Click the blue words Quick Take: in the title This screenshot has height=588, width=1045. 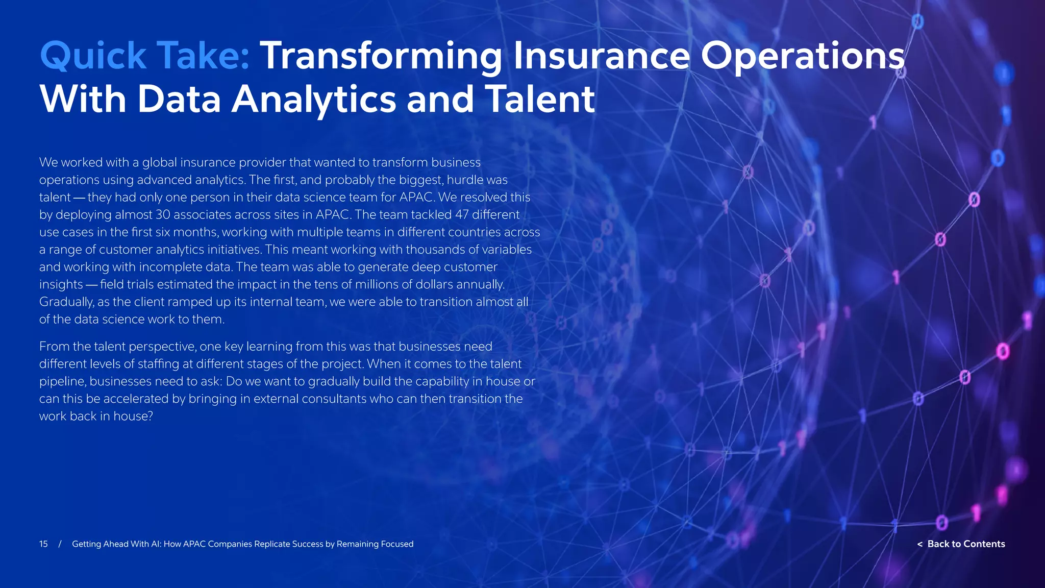click(x=144, y=56)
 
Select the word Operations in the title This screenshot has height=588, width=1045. click(x=803, y=56)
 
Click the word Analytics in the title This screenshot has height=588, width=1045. click(x=314, y=99)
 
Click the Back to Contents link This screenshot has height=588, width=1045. click(x=961, y=544)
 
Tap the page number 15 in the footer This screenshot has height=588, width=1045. click(x=43, y=544)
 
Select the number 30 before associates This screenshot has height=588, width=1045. click(x=163, y=215)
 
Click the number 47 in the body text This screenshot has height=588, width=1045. click(x=461, y=215)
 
